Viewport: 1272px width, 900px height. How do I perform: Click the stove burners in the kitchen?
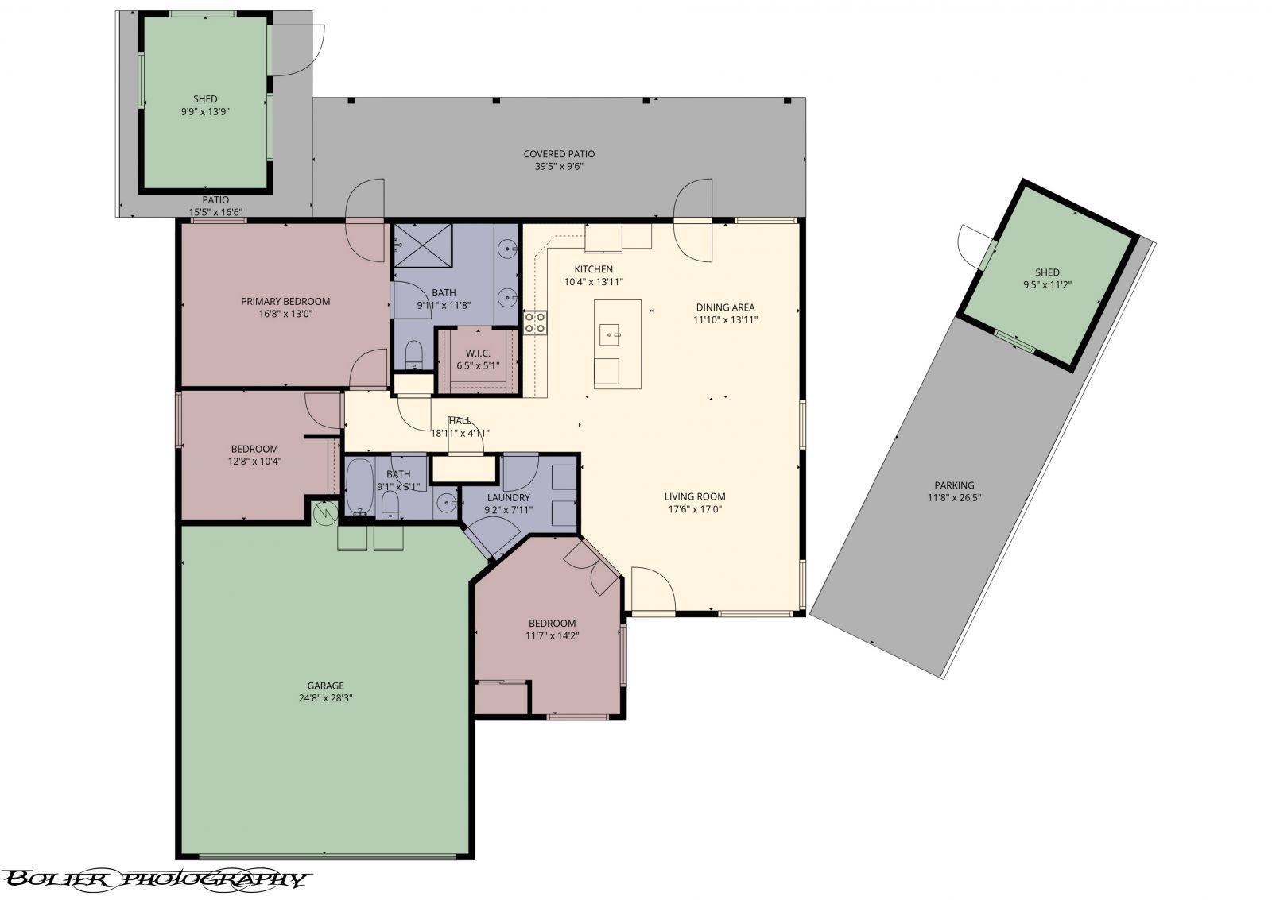535,321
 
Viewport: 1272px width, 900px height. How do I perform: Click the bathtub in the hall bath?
359,487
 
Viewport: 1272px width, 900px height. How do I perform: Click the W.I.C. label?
478,353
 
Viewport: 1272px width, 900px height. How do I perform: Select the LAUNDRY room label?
509,498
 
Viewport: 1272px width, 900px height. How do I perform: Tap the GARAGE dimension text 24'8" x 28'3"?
326,698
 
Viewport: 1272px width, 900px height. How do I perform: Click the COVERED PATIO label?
559,154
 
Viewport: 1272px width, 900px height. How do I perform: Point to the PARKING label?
954,485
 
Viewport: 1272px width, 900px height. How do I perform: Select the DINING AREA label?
725,307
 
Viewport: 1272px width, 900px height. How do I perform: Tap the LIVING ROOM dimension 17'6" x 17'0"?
695,510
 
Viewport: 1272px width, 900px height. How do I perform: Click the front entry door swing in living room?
653,589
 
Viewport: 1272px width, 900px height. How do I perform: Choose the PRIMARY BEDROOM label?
285,301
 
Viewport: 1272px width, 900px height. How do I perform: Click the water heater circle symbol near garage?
326,514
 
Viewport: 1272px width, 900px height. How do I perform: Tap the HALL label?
460,420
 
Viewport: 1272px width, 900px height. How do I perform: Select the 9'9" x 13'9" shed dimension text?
205,112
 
